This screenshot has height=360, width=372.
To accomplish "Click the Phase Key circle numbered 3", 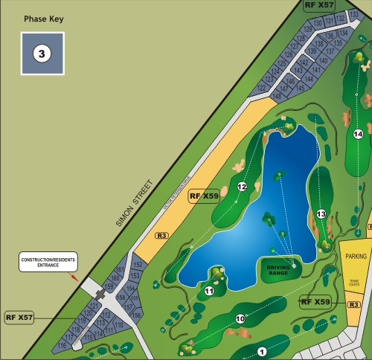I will coord(42,54).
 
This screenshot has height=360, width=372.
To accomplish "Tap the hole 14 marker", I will coord(358,134).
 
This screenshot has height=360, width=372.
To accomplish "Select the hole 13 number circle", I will coord(321,214).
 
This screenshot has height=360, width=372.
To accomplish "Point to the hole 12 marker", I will coord(241,187).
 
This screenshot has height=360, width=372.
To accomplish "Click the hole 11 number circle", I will coord(209,292).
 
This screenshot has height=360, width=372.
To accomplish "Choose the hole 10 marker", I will coord(240,319).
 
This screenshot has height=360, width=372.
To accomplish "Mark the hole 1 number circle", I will coord(261,351).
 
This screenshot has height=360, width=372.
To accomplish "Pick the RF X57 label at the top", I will coord(319,5).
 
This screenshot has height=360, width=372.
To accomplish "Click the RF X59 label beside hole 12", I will coord(204,196).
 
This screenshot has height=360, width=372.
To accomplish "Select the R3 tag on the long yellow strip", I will coord(161,236).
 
